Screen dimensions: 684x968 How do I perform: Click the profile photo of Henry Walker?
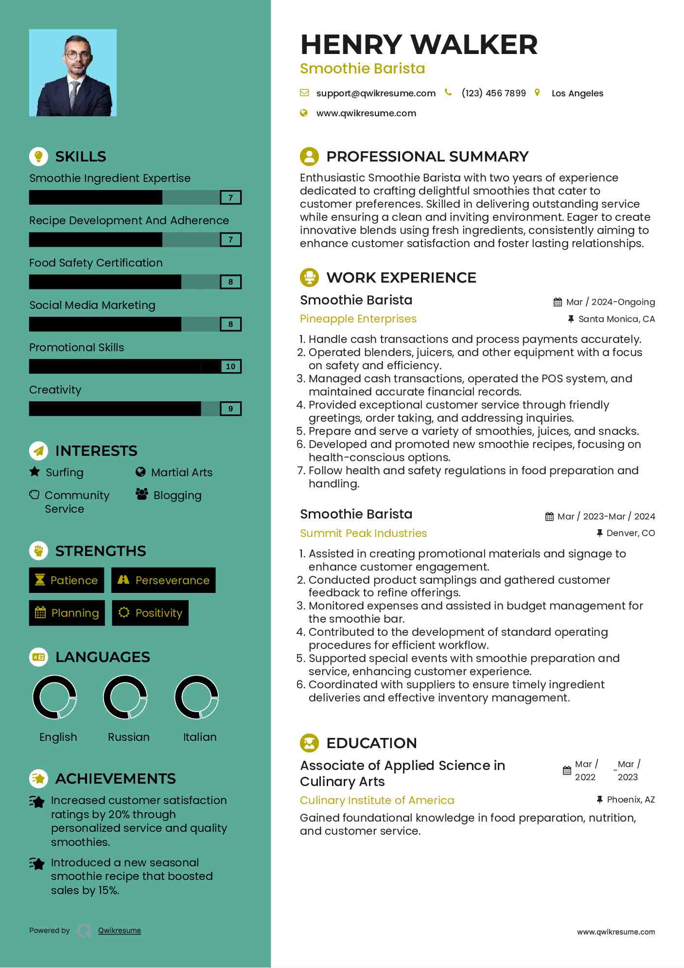tap(73, 72)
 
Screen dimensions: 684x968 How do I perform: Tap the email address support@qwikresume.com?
tap(375, 93)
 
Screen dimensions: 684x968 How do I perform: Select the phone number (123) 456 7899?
tap(493, 93)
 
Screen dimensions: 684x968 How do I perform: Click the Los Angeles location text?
tap(577, 93)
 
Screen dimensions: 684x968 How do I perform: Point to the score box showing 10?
tap(230, 366)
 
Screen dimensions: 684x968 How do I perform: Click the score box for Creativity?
tap(230, 409)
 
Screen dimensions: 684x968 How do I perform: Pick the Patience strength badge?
tap(67, 580)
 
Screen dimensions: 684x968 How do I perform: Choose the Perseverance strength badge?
tap(163, 580)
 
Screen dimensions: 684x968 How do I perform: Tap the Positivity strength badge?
tap(150, 613)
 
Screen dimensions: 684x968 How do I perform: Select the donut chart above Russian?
tap(125, 697)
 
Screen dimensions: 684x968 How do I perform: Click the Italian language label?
tap(200, 737)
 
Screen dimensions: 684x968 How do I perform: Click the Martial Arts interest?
tap(181, 472)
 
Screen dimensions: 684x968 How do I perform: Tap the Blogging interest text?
tap(177, 495)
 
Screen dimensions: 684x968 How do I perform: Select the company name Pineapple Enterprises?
tap(358, 319)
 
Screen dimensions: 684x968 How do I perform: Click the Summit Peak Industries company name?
tap(363, 533)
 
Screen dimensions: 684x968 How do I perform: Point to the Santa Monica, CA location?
tap(616, 319)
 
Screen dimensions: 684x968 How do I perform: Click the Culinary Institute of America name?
tap(377, 800)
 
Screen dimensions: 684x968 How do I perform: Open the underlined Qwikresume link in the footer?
tap(120, 931)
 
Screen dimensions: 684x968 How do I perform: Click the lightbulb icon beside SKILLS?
tap(38, 156)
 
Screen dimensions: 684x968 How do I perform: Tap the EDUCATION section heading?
tap(371, 743)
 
